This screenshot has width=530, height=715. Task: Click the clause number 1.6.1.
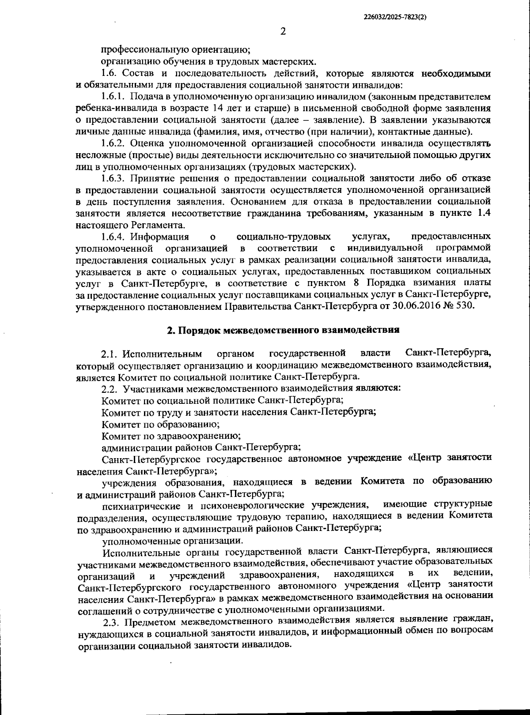(x=113, y=96)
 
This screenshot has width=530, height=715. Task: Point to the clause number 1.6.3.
(x=114, y=178)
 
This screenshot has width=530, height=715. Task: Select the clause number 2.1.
(x=110, y=354)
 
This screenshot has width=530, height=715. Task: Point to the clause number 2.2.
(x=110, y=389)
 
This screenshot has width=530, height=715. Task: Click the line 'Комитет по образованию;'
(x=160, y=424)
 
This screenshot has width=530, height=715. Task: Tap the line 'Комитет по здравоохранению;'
(x=170, y=436)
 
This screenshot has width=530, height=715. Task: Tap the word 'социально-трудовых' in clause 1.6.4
(x=284, y=237)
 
